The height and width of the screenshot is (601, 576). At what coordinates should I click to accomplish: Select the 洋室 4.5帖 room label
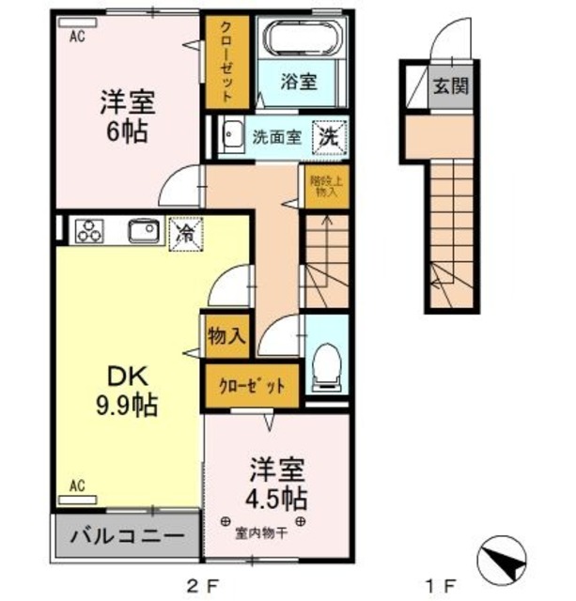[x=277, y=482]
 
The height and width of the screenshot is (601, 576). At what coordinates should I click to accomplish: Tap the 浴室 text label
[x=300, y=82]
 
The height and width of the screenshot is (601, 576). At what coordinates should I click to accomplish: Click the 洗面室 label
[x=276, y=137]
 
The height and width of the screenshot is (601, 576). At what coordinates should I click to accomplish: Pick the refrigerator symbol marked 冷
[x=184, y=232]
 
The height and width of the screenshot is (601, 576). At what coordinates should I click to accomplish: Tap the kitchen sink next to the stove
[x=141, y=231]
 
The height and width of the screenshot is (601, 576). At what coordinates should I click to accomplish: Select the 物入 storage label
[x=226, y=335]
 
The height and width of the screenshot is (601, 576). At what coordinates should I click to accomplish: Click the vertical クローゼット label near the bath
[x=226, y=61]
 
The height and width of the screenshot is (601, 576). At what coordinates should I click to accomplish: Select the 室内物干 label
[x=261, y=535]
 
